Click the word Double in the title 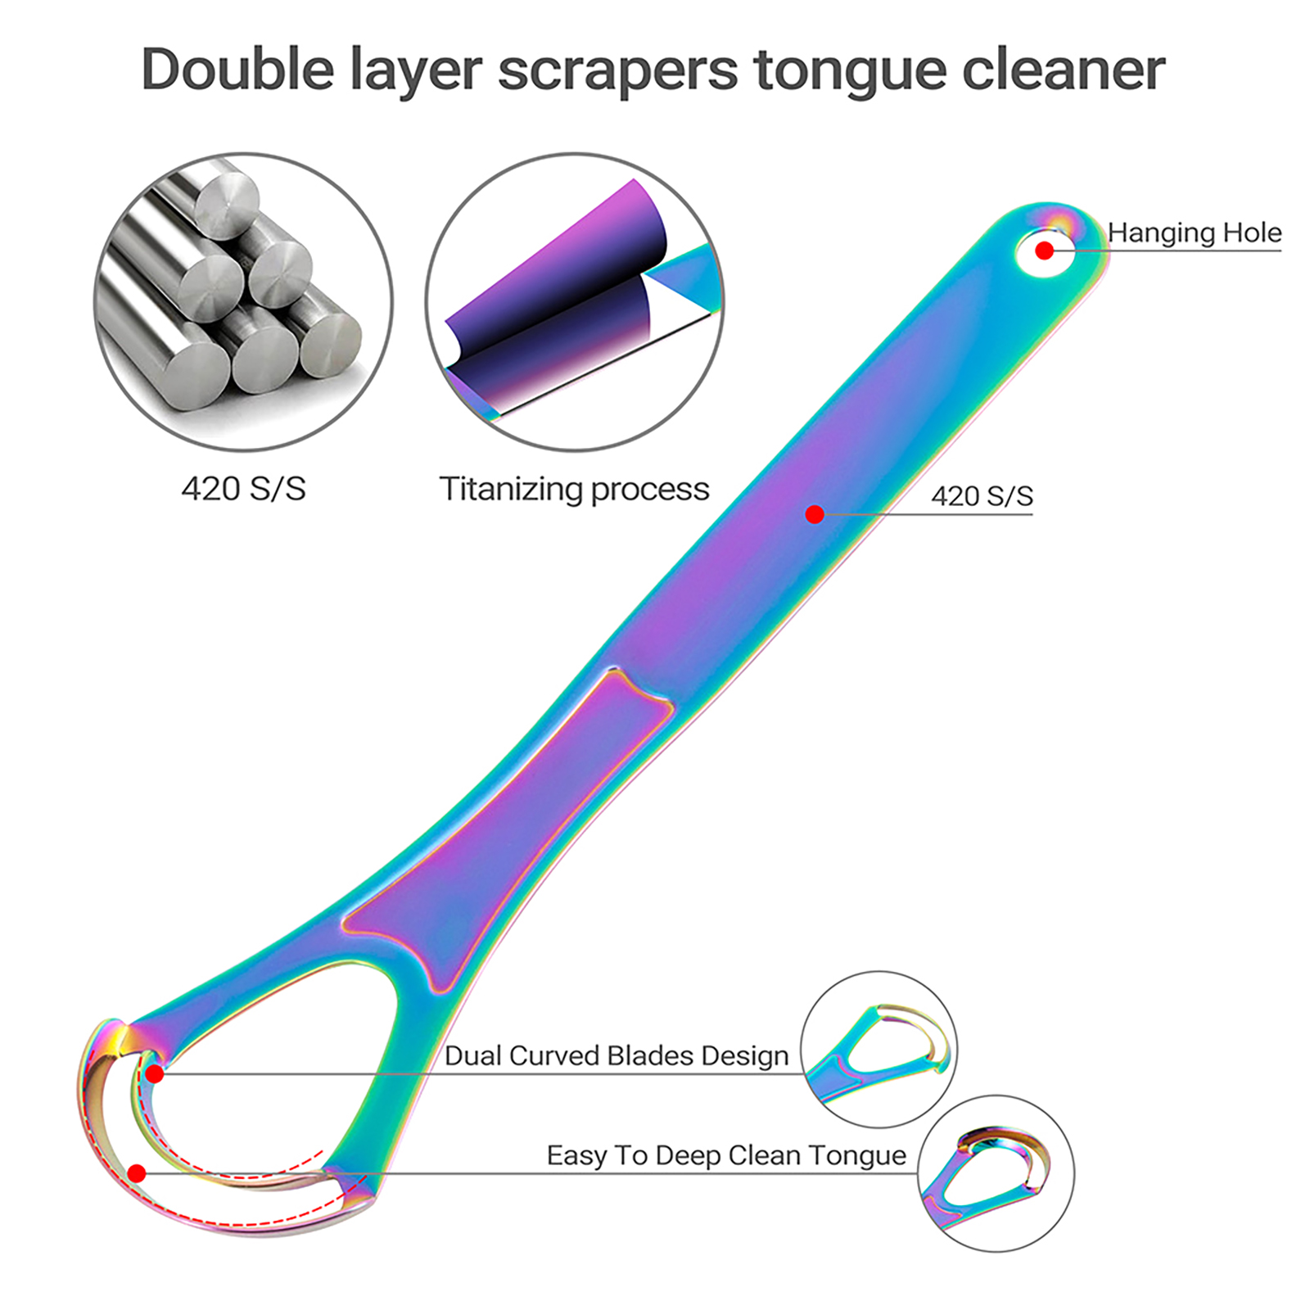pyautogui.click(x=237, y=69)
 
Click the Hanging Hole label pyautogui.click(x=1194, y=233)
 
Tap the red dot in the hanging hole pyautogui.click(x=1044, y=251)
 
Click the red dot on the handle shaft pyautogui.click(x=814, y=514)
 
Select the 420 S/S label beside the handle pyautogui.click(x=982, y=496)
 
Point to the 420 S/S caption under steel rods pyautogui.click(x=243, y=489)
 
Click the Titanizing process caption pyautogui.click(x=574, y=490)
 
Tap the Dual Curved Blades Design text pyautogui.click(x=616, y=1056)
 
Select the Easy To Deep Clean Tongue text pyautogui.click(x=726, y=1155)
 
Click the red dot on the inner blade pyautogui.click(x=155, y=1073)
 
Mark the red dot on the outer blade pyautogui.click(x=137, y=1173)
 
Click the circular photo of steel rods pyautogui.click(x=243, y=301)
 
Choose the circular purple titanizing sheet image pyautogui.click(x=574, y=301)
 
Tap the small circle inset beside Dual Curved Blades pyautogui.click(x=879, y=1049)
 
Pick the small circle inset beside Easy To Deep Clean pyautogui.click(x=996, y=1173)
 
